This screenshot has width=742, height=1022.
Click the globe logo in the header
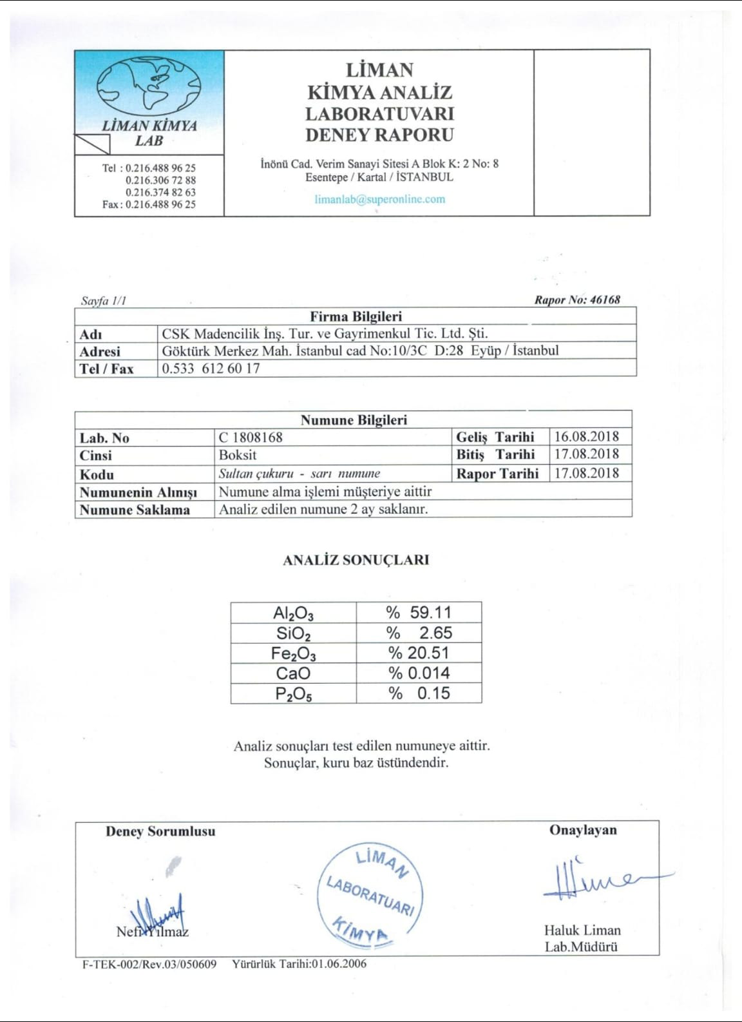[x=149, y=85]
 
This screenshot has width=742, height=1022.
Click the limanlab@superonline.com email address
[x=379, y=198]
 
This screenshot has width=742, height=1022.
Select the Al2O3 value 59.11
[x=430, y=612]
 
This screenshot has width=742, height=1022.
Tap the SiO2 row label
[x=293, y=633]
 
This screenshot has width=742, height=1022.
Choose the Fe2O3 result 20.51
[x=428, y=653]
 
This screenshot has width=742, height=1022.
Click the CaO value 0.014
[x=428, y=673]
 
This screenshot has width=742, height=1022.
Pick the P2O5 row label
[x=293, y=693]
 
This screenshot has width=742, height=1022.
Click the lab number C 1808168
[x=251, y=437]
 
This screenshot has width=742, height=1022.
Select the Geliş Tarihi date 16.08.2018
[x=586, y=436]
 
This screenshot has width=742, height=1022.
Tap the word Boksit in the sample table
[x=238, y=454]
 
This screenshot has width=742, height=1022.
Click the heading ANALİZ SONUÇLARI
[x=356, y=560]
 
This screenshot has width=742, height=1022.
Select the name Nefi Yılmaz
[x=153, y=931]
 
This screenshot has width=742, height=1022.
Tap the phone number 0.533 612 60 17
[x=211, y=368]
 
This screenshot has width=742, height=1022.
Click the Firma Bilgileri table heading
[x=356, y=316]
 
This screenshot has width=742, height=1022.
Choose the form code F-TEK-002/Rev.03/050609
[x=149, y=964]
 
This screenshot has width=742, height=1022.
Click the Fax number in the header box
[x=160, y=204]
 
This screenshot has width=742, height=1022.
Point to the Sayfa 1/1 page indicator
[x=103, y=300]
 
